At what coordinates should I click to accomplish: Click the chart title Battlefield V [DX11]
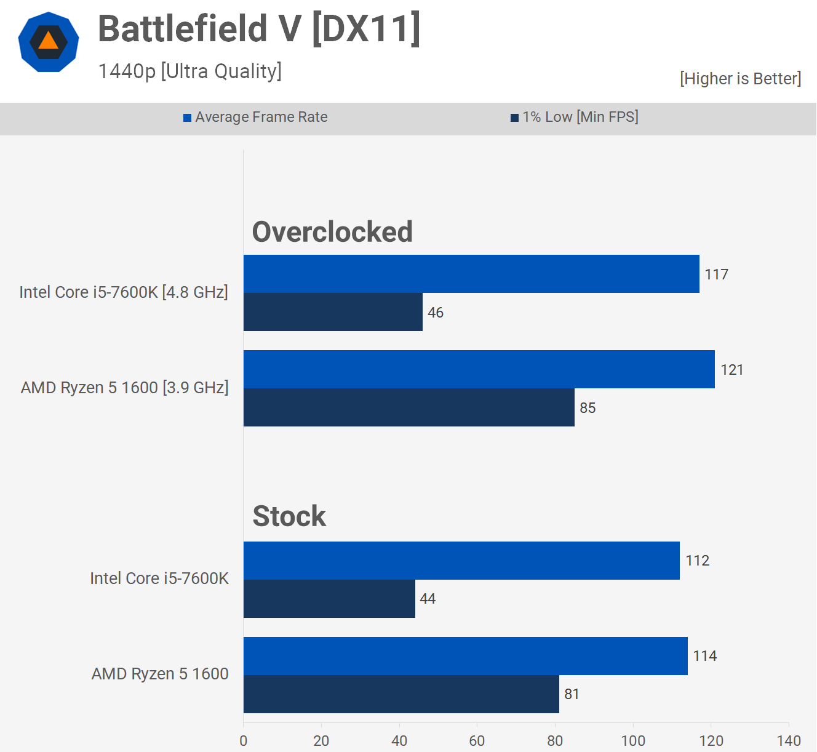point(259,29)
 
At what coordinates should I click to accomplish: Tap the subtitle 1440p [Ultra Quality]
point(189,71)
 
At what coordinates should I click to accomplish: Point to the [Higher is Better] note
point(740,79)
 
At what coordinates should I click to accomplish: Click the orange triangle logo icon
point(49,42)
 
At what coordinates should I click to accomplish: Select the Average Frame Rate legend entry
point(255,117)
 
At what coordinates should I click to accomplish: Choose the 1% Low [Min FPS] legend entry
point(575,117)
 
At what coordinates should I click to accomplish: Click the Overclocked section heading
point(332,232)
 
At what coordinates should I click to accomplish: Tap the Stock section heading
point(289,516)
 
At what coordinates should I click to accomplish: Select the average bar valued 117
point(471,274)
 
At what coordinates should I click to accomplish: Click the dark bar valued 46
point(333,312)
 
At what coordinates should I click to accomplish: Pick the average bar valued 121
point(479,369)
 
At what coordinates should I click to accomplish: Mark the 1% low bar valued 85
point(409,407)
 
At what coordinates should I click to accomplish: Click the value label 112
point(698,561)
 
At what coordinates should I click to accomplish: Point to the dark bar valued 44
point(329,599)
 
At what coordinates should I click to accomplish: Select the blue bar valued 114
point(466,656)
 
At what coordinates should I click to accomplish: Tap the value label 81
point(572,694)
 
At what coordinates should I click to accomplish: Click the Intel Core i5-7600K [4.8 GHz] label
point(124,292)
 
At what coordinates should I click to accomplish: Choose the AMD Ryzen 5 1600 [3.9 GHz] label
point(125,388)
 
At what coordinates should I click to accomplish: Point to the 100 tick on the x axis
point(633,740)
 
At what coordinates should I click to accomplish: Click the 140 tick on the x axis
point(789,740)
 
